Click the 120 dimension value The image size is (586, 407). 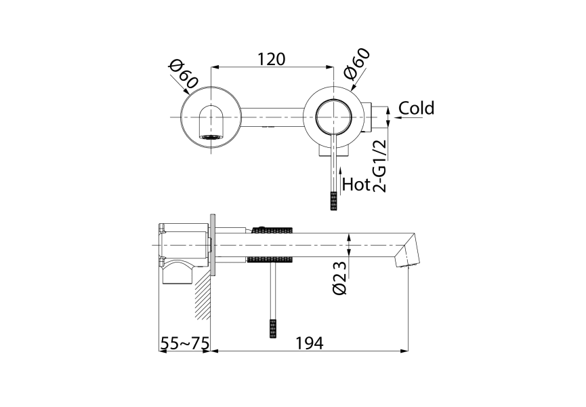coord(272,59)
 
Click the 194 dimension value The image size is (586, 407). coord(309,343)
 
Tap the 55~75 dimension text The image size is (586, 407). coord(184,343)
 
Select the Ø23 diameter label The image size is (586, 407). coord(340,277)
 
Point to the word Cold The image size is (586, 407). coord(416,109)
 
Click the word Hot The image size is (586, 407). coord(356,184)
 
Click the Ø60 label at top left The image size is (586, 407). coord(184,74)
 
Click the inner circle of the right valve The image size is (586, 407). coord(333,117)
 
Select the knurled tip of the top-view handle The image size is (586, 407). coord(333,201)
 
